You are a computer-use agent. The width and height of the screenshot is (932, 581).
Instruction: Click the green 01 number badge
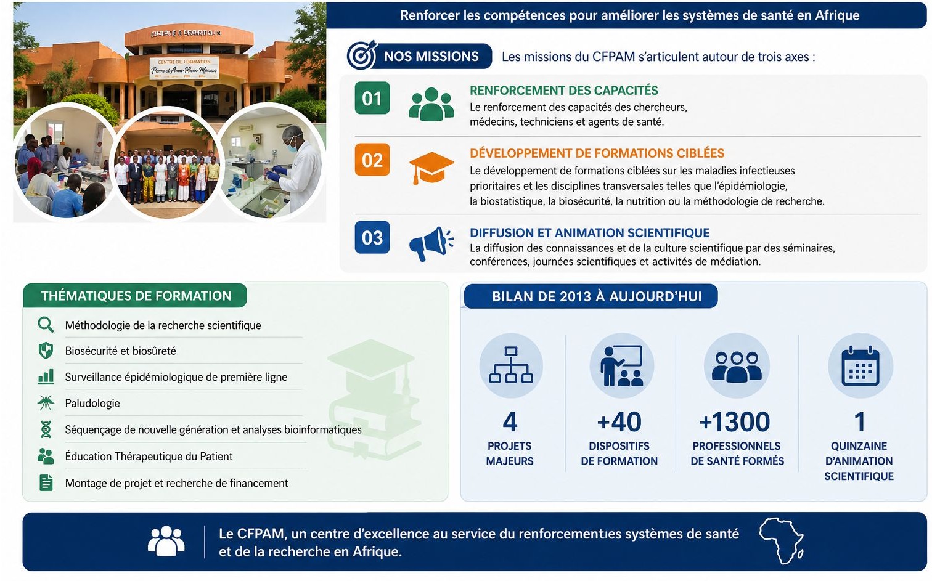coord(372,98)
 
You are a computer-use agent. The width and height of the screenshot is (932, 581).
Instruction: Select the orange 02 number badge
coord(372,160)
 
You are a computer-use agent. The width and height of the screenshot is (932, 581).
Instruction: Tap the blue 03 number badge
coord(372,237)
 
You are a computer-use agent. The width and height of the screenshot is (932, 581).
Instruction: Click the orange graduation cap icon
coord(431,167)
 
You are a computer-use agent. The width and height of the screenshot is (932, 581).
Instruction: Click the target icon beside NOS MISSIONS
coord(361,55)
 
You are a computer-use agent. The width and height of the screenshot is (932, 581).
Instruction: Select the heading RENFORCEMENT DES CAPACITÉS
coord(563,91)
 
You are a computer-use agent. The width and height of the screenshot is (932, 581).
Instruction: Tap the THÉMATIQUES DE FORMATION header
coord(136,296)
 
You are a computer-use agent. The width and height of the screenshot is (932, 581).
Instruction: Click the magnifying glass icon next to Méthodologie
coord(46,325)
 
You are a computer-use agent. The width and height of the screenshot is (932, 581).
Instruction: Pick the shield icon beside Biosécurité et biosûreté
coord(46,351)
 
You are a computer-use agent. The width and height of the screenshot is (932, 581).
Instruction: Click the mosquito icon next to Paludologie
coord(46,403)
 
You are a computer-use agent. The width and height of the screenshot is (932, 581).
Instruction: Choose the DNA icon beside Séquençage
coord(46,429)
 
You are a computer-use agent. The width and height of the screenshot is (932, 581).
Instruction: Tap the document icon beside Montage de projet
coord(46,482)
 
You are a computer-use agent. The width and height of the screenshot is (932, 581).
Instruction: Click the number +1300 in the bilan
coord(735,422)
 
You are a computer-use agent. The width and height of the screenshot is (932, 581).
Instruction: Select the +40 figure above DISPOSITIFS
coord(619,422)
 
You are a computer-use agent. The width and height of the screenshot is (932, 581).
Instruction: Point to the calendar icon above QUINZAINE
coord(860,366)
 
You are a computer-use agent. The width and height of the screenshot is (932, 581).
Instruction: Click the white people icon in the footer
coord(166,541)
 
